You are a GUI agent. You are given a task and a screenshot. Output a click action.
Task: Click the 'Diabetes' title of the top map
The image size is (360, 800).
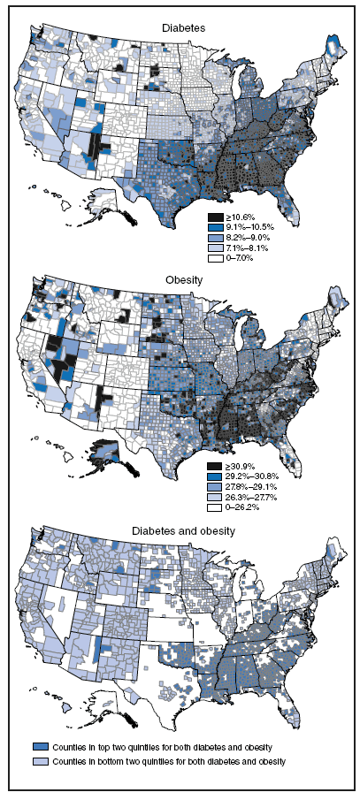pyautogui.click(x=183, y=28)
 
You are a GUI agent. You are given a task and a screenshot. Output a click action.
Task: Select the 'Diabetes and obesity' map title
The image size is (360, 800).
pyautogui.click(x=183, y=530)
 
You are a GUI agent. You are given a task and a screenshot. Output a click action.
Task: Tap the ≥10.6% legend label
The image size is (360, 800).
pyautogui.click(x=240, y=217)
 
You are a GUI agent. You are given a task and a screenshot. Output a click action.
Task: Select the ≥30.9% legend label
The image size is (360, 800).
pyautogui.click(x=240, y=466)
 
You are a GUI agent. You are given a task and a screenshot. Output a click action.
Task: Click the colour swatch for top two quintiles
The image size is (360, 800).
pyautogui.click(x=42, y=748)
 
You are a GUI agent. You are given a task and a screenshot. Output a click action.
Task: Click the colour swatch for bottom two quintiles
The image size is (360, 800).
pyautogui.click(x=42, y=761)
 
